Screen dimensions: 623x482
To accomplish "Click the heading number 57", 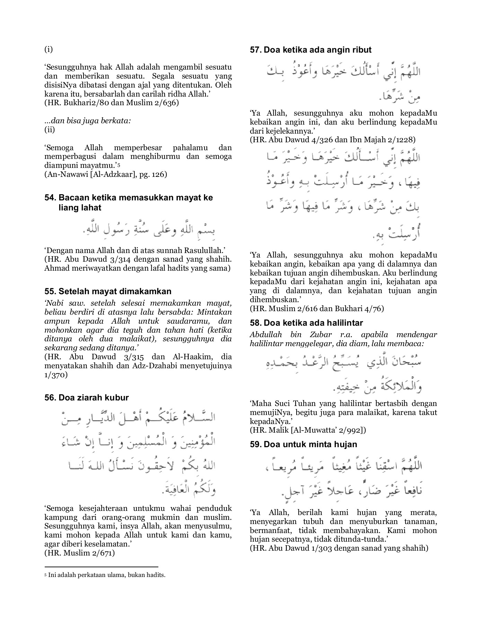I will (256, 50).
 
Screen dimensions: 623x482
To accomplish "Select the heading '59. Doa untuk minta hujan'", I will (303, 444).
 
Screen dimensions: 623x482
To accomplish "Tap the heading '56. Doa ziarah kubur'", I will (87, 398).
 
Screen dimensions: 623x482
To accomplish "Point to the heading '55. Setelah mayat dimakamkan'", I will (108, 291).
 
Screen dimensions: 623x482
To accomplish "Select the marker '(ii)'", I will (50, 130).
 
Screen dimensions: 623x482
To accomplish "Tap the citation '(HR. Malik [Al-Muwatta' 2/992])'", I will (308, 430).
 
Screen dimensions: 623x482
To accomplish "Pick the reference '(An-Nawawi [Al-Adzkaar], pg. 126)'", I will (106, 174).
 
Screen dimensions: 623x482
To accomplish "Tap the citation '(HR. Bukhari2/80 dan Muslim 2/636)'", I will (112, 103).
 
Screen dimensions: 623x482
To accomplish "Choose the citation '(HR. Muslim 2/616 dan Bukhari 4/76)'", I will (317, 308).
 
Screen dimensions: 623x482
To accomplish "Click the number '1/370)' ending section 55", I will (56, 375).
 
